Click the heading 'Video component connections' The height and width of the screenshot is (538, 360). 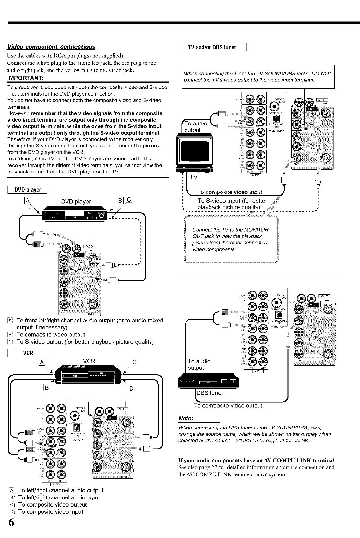(x=51, y=47)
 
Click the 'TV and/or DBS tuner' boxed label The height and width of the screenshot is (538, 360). (x=212, y=47)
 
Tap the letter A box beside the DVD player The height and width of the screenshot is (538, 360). (x=28, y=200)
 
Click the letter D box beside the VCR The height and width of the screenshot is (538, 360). (x=132, y=388)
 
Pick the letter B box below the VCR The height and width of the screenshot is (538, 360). (x=47, y=388)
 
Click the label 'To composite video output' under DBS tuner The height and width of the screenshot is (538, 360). (x=228, y=406)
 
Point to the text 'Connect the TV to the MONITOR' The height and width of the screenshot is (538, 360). (x=230, y=230)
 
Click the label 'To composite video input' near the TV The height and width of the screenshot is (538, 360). (x=230, y=193)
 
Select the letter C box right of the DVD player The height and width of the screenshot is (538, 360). (x=128, y=200)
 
